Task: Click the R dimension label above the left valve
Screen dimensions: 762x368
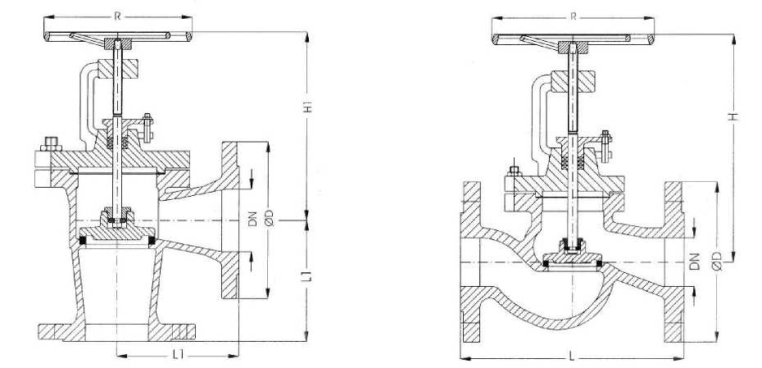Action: pos(117,16)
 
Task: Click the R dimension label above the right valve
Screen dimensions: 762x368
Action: pos(574,16)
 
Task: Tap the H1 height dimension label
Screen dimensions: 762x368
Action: pos(307,107)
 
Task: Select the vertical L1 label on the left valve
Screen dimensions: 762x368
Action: pos(306,276)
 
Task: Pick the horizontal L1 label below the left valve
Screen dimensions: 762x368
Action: pos(179,356)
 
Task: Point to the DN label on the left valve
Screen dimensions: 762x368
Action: pos(252,220)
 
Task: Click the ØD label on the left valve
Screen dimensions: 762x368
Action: pos(270,219)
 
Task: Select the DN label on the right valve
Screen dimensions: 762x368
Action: pos(696,261)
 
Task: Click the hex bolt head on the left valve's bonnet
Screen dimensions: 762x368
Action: pos(51,145)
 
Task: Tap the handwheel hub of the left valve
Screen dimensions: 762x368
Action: pos(118,43)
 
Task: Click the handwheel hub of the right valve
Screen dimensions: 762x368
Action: pos(574,48)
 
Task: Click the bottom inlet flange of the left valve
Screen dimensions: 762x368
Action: pos(117,332)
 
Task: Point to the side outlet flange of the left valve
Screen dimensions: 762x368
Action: pos(230,220)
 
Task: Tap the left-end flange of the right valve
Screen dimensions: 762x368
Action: pos(470,262)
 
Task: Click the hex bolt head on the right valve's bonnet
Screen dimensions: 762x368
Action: pos(515,171)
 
